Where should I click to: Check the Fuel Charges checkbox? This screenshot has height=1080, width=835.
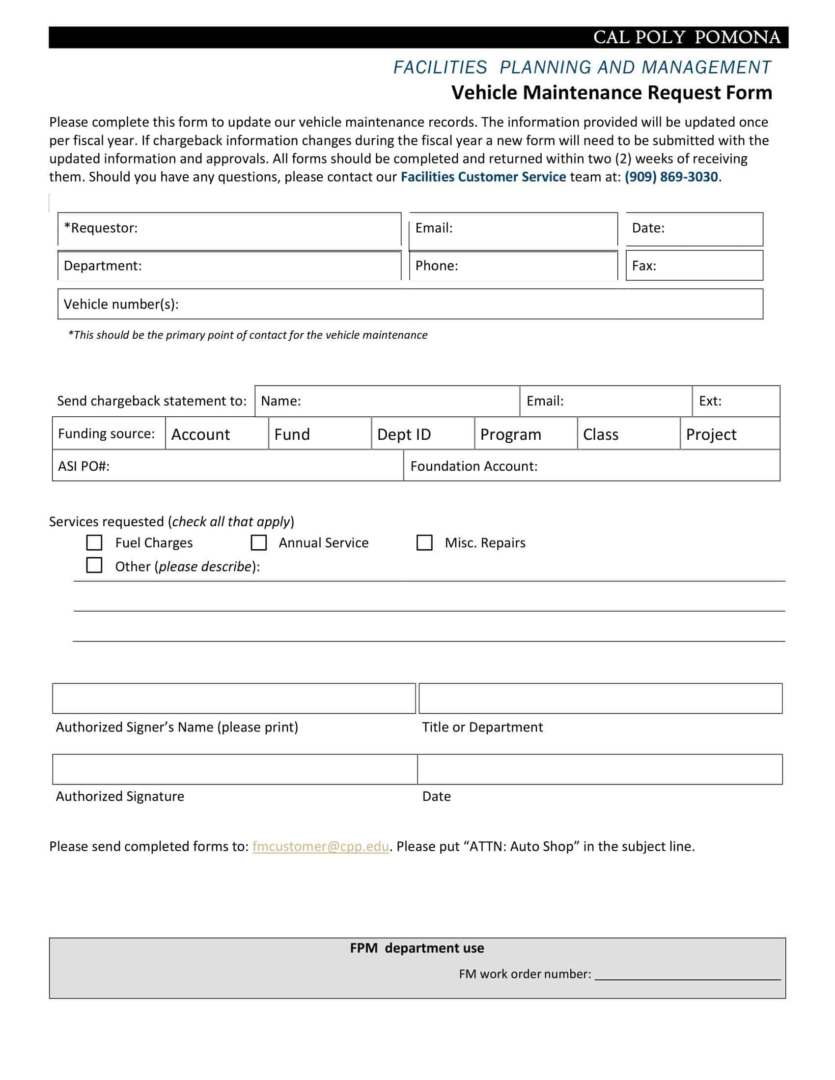point(94,542)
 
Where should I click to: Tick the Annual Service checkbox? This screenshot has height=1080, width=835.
point(258,542)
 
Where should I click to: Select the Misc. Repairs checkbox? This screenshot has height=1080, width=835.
point(424,542)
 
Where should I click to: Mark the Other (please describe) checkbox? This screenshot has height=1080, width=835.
point(94,565)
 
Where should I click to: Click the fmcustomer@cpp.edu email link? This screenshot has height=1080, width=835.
point(320,847)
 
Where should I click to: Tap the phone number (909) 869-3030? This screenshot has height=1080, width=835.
point(671,177)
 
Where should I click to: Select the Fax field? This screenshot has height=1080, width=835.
point(707,266)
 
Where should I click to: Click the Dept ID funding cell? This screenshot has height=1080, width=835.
point(422,433)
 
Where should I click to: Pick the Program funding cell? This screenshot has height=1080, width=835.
point(526,433)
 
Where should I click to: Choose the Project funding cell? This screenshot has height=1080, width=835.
point(729,433)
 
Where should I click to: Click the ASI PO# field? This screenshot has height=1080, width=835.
point(248,466)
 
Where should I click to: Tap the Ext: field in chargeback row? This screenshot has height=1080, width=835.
point(747,401)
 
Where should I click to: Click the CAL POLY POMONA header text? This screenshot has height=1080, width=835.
point(687,38)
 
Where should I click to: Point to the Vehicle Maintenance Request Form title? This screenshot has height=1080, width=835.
point(612,93)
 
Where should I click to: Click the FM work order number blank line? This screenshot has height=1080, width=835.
point(687,974)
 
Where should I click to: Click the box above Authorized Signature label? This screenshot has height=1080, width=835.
point(234,769)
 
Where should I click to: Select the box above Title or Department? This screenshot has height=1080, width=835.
point(600,698)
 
